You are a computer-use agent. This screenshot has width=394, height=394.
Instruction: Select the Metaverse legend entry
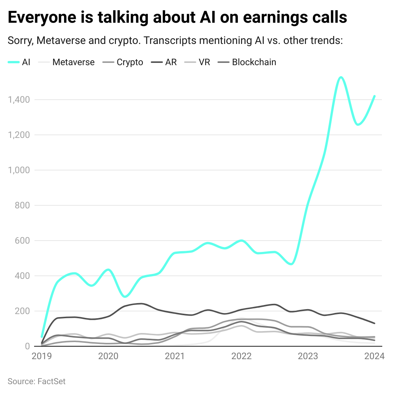73,62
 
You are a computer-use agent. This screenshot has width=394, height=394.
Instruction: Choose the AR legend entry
171,62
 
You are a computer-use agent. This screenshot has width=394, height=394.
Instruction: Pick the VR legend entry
204,62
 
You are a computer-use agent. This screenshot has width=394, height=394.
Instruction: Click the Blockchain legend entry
254,62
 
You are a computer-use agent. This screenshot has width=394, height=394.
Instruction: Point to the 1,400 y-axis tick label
19,100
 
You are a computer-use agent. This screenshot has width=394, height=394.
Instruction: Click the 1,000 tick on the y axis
19,170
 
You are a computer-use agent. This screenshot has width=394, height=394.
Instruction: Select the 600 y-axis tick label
22,241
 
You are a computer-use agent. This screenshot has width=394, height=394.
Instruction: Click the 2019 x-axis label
42,356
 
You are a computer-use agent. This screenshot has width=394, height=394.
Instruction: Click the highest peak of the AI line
341,77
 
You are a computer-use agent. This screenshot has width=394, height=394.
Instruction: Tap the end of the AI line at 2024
374,96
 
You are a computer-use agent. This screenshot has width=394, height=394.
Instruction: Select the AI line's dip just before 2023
291,264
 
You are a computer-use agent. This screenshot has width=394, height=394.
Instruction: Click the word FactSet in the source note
52,381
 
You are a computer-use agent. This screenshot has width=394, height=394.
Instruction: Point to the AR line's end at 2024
374,323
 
